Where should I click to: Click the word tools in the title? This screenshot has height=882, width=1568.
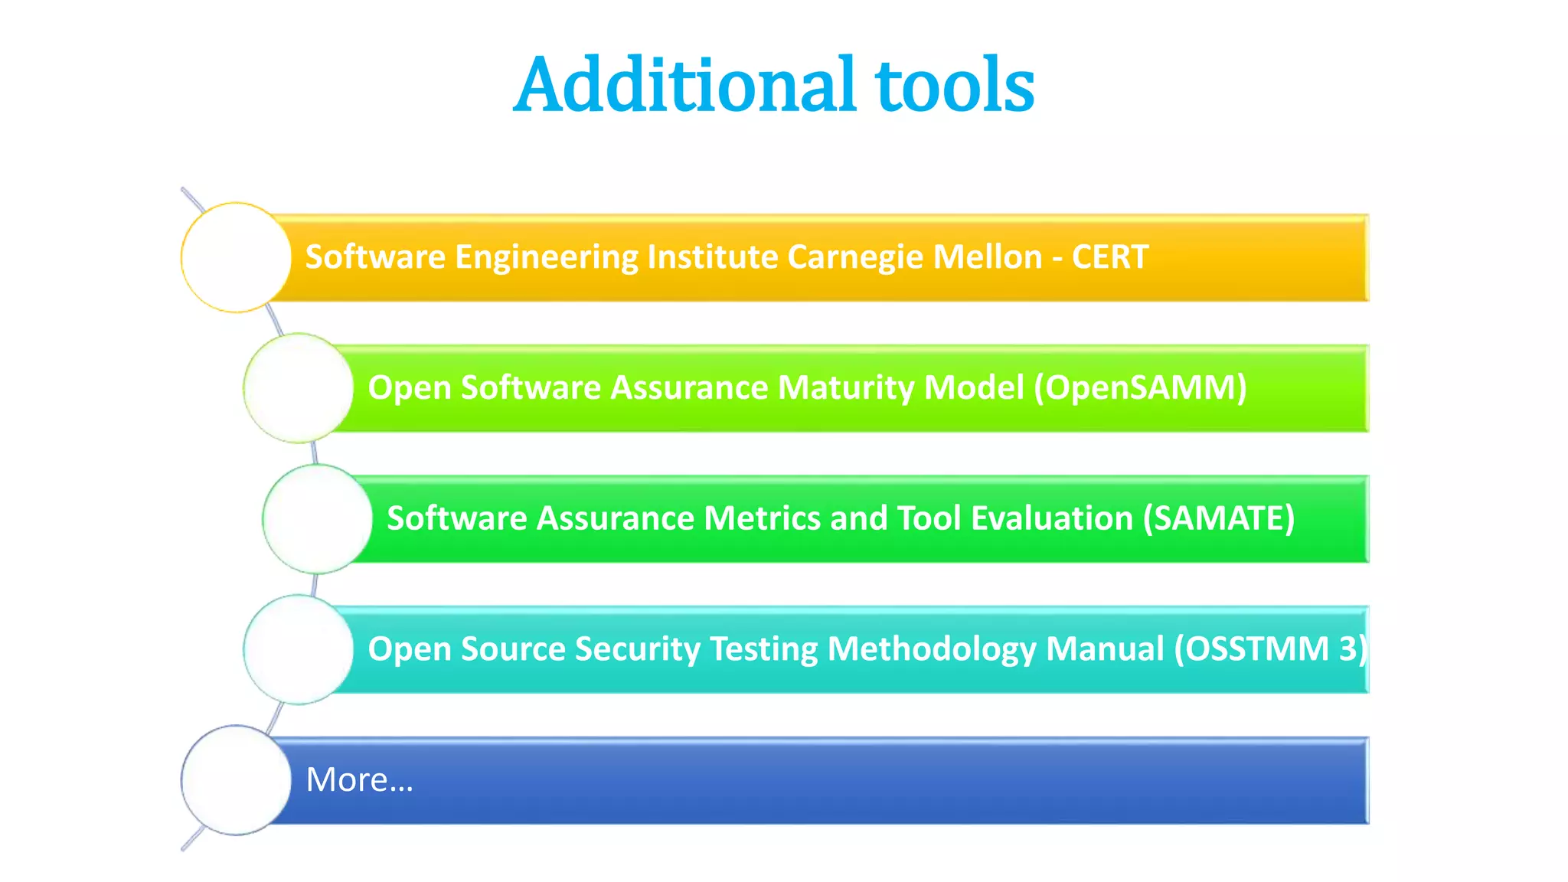pos(955,86)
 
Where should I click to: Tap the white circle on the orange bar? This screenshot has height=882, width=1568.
pos(236,257)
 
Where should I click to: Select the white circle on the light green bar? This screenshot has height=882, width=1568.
pos(299,388)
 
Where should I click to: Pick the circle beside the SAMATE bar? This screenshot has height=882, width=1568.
pos(317,519)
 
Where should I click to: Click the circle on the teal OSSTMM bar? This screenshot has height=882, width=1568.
pos(299,649)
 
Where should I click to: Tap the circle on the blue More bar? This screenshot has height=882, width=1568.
pos(236,780)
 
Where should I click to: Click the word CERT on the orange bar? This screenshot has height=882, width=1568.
pos(1109,257)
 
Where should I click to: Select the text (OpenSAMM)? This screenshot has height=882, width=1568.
pos(1140,388)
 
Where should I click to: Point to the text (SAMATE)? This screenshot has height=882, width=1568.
pos(1218,519)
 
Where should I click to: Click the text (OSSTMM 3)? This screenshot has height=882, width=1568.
pos(1270,649)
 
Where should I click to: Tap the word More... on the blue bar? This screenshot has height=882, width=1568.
pos(359,780)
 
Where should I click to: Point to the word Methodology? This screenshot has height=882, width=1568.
pos(931,650)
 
